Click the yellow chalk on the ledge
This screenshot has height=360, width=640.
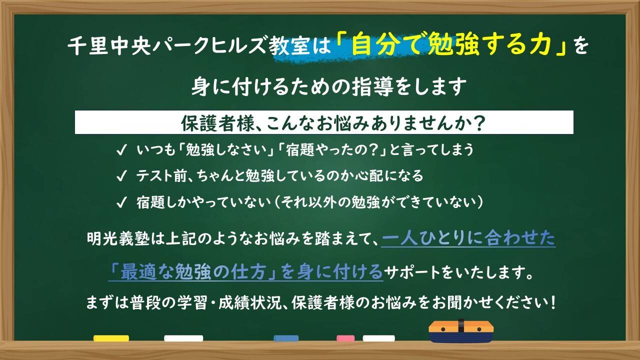pyautogui.click(x=111, y=338)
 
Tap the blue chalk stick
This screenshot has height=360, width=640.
pyautogui.click(x=286, y=338)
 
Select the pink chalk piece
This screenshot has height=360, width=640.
pyautogui.click(x=345, y=338)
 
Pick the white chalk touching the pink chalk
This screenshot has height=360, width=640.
pyautogui.click(x=378, y=338)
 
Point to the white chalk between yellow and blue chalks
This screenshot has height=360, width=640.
pyautogui.click(x=183, y=338)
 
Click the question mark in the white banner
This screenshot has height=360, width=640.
pyautogui.click(x=479, y=123)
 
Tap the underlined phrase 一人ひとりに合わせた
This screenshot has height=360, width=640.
pyautogui.click(x=468, y=239)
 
